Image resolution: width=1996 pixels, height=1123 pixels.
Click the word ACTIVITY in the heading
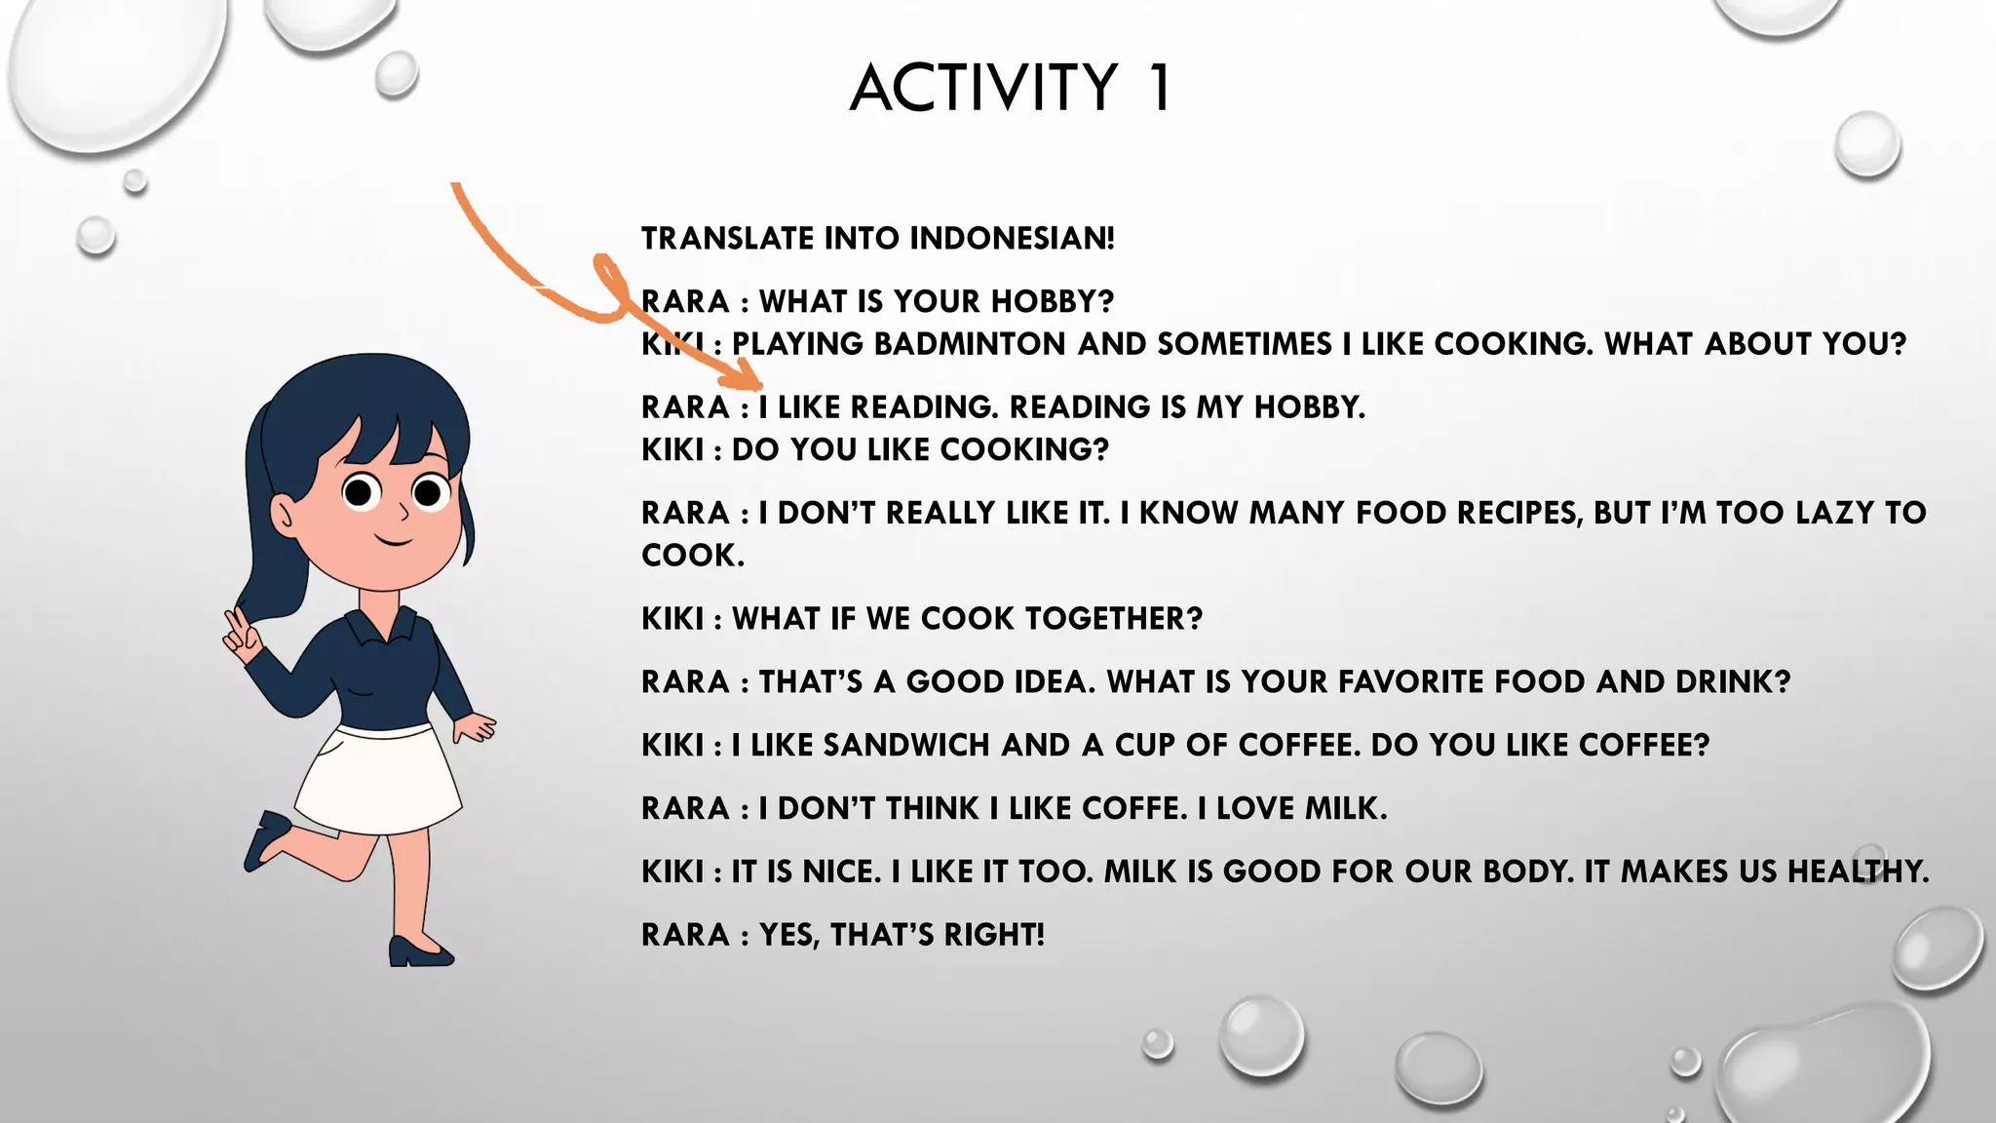(x=983, y=88)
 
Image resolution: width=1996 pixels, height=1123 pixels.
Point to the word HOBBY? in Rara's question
(x=1052, y=301)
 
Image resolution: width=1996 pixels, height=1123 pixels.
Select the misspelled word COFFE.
(x=1135, y=808)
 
